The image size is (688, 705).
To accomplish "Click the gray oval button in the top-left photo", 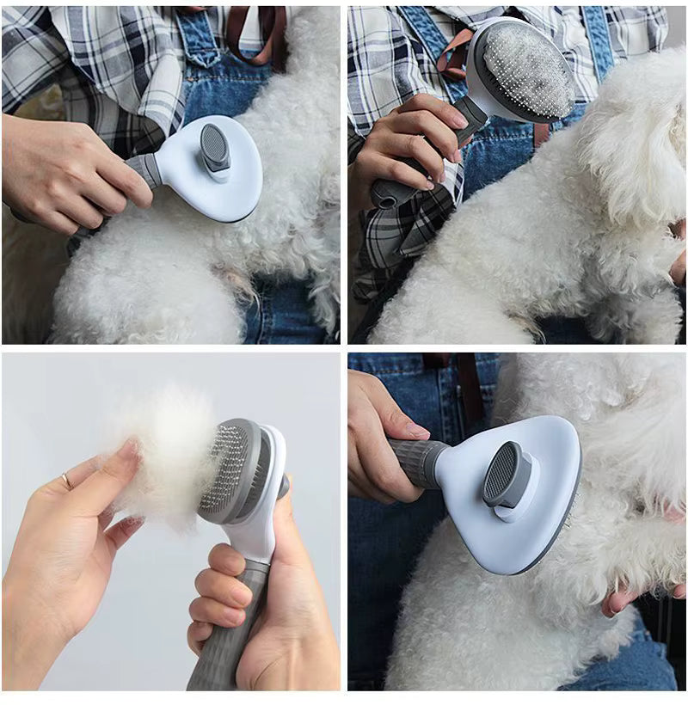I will pos(215,145).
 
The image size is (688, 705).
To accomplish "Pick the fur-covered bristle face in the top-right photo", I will pos(526,69).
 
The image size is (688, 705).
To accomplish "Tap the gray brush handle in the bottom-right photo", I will pos(418,459).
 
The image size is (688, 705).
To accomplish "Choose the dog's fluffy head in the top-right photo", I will pos(632,129).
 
